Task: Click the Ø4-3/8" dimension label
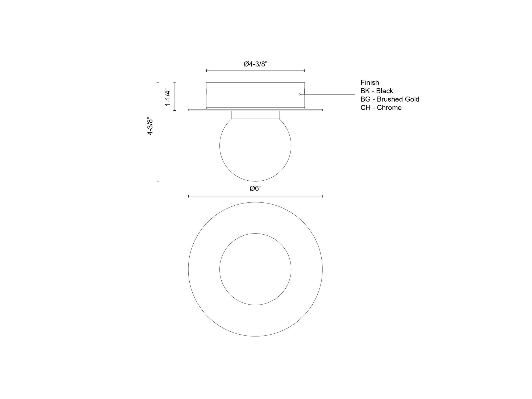(x=255, y=64)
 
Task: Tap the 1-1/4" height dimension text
(x=167, y=97)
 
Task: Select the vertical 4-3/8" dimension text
(x=150, y=126)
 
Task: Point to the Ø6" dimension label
(x=255, y=188)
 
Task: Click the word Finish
(x=370, y=82)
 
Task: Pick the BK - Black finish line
(x=377, y=91)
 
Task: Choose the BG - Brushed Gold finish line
(x=390, y=99)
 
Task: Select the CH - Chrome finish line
(x=381, y=108)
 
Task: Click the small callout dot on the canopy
(x=300, y=94)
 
